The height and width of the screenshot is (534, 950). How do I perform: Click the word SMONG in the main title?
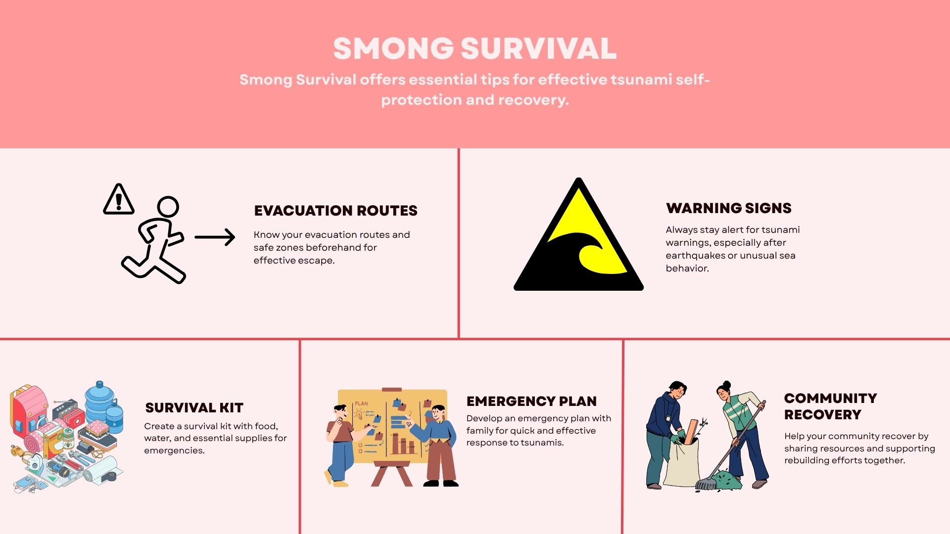[393, 48]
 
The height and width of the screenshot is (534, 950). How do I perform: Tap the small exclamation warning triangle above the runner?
[119, 199]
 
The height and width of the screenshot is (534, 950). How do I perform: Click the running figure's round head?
[168, 207]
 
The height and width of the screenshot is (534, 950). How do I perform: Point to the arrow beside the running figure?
[215, 237]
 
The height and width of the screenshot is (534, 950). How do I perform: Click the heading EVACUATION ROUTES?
[335, 211]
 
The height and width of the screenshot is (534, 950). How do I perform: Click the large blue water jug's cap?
[99, 384]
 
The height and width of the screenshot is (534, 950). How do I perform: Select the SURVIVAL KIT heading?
[194, 408]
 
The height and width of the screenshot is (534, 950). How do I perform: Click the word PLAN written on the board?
[361, 403]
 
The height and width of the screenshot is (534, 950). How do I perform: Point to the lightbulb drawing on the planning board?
[359, 414]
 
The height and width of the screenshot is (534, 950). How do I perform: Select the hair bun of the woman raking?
[726, 384]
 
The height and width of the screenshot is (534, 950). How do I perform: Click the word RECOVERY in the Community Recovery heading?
[822, 415]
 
